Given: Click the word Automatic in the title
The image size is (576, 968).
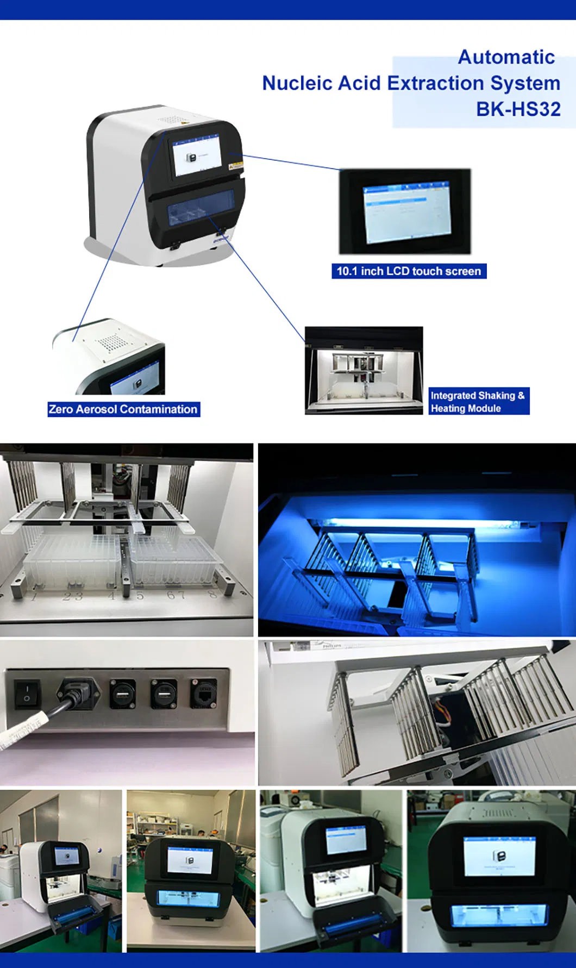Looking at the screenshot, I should (506, 57).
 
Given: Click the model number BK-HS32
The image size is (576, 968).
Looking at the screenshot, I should (518, 109).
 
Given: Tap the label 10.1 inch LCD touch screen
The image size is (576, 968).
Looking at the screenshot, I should (409, 271).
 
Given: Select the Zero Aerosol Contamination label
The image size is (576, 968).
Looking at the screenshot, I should (123, 409).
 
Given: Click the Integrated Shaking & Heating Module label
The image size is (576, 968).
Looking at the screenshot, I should (478, 402).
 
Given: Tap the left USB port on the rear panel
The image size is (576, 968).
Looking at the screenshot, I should (123, 694).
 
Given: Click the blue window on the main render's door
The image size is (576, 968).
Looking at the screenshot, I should (199, 208).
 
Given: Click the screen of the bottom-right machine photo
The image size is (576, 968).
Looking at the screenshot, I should (499, 856).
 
